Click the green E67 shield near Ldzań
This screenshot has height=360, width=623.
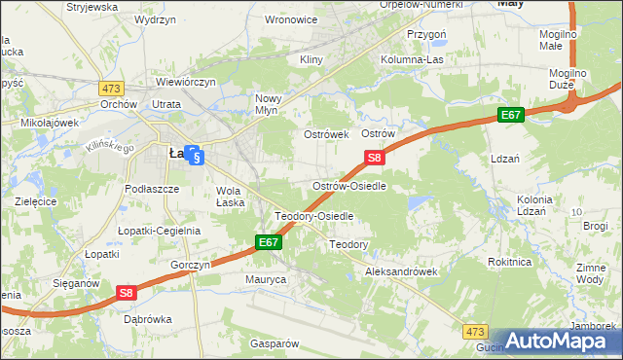click(512, 115)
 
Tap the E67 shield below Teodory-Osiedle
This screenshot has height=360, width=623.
click(270, 241)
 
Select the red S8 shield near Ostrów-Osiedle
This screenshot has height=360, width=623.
click(376, 157)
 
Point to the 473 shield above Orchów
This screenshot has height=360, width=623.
click(110, 87)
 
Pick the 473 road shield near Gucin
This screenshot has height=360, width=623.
click(474, 332)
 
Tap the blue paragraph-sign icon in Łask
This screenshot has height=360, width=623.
click(195, 156)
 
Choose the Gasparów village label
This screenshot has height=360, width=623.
click(274, 343)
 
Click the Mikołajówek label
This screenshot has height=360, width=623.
click(49, 124)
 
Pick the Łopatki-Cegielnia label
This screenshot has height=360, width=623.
click(159, 231)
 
